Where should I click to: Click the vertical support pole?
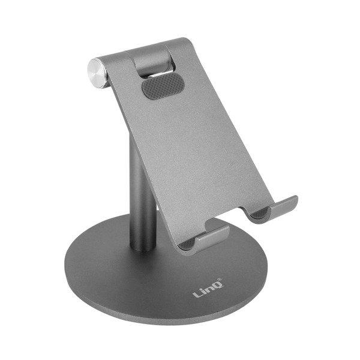click(142, 180)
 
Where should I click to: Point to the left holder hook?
click(210, 235)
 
